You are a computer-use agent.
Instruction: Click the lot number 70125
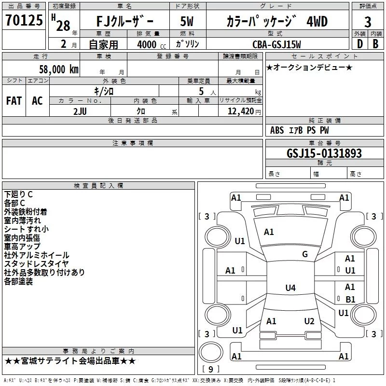24,20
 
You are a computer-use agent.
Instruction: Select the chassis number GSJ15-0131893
324,153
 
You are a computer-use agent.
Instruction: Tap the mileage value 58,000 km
59,69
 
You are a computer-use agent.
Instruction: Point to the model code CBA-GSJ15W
276,44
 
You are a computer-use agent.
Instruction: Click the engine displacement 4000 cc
152,44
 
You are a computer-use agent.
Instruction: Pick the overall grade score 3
368,22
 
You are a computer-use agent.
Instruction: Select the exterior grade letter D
359,44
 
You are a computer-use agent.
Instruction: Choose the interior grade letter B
375,44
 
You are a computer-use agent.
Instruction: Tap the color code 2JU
80,111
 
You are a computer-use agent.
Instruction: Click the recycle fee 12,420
240,111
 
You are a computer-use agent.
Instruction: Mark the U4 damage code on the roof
290,288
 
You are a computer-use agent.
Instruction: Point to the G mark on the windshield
305,254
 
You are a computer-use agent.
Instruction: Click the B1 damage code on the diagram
350,299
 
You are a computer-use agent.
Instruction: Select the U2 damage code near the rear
309,321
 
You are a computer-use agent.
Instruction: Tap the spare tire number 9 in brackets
211,369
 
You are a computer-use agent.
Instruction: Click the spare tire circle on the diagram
211,352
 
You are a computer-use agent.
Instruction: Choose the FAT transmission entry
14,101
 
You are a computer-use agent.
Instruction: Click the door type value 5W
187,21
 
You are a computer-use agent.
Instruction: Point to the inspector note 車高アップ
22,247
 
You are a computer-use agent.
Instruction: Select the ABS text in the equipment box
277,130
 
